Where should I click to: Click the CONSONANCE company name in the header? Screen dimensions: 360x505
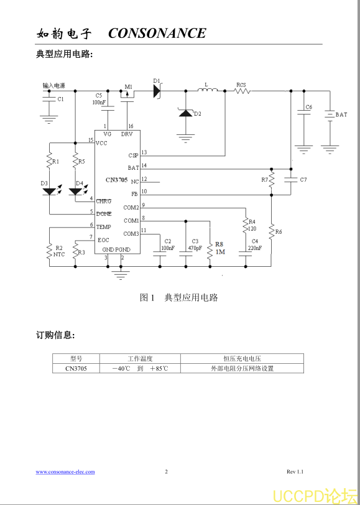point(157,33)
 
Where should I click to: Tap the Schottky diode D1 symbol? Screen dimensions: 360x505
point(157,91)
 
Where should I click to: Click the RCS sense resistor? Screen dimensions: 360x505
point(242,91)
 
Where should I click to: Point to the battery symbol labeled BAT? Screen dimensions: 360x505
point(330,115)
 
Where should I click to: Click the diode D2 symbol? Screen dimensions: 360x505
point(185,113)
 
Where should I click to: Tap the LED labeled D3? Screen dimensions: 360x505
point(49,192)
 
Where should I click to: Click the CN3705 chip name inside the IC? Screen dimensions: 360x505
point(116,180)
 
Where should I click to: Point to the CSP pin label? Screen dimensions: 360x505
point(132,155)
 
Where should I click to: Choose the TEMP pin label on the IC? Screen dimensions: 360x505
point(103,227)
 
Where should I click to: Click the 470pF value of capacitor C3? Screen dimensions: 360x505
point(195,248)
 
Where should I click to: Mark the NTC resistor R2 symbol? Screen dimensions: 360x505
point(50,251)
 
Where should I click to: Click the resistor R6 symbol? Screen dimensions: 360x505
point(272,231)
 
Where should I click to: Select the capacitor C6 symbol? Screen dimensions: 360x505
point(303,112)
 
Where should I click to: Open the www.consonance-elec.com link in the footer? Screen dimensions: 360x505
point(65,472)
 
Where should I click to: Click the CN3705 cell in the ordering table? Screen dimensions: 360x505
point(76,368)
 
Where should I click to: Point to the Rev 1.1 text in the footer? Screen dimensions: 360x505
point(295,472)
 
